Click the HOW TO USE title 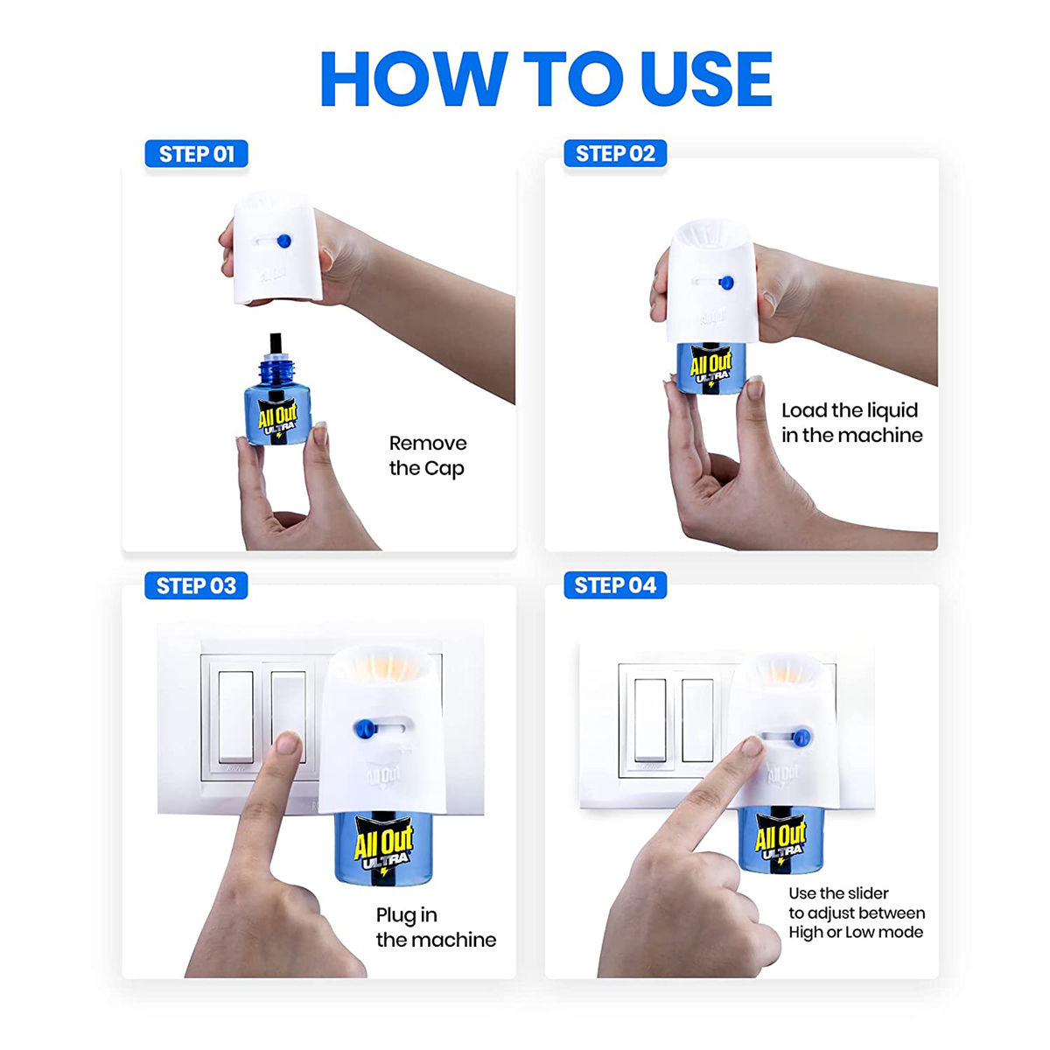click(x=546, y=80)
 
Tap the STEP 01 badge click(x=196, y=154)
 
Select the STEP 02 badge click(x=615, y=154)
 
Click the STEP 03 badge click(x=196, y=585)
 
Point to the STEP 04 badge click(x=615, y=585)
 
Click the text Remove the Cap click(x=427, y=456)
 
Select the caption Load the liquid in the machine click(x=851, y=423)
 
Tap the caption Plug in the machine click(x=435, y=927)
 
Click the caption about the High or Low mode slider click(x=856, y=913)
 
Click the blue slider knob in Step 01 click(x=282, y=241)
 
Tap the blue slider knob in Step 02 click(x=725, y=282)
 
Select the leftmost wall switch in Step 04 click(x=648, y=719)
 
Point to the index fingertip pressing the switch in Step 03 click(x=286, y=745)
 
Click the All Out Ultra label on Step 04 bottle click(x=780, y=841)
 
